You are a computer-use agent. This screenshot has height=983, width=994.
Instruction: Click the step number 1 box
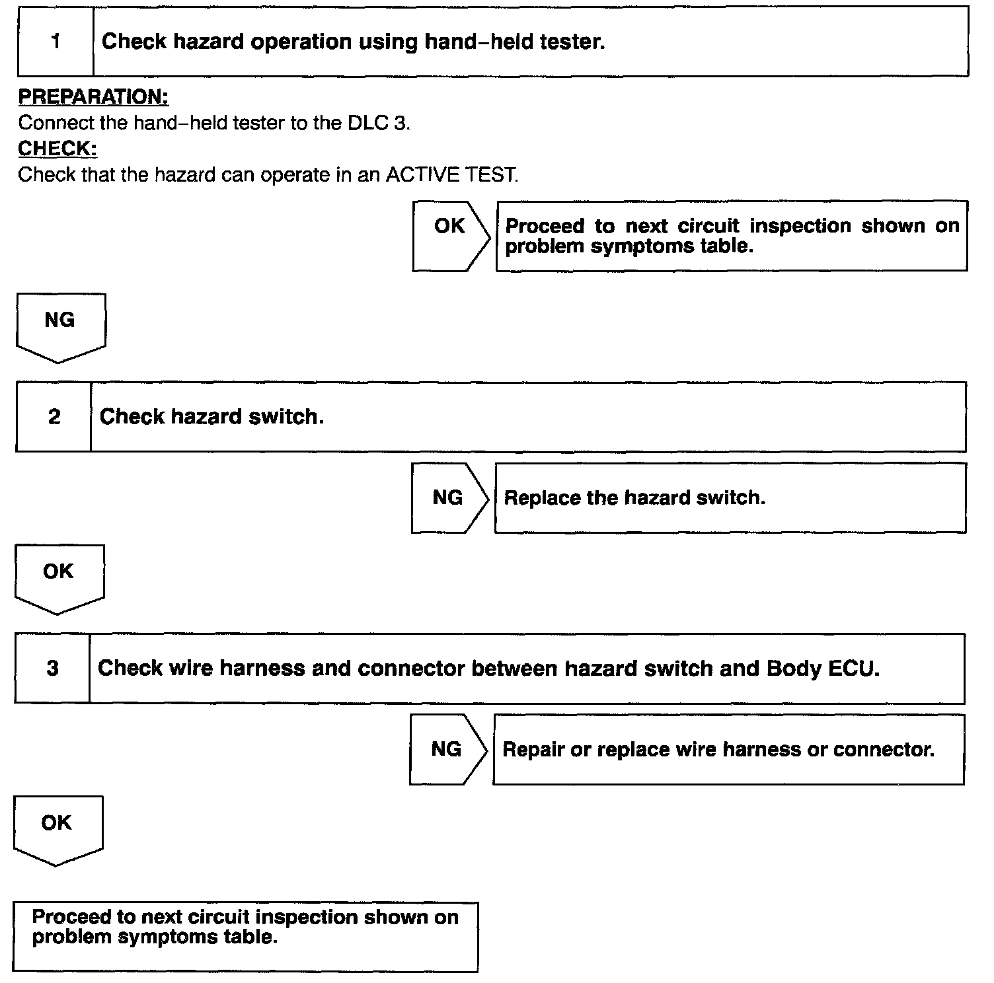56,42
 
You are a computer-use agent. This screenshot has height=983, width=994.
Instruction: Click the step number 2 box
54,417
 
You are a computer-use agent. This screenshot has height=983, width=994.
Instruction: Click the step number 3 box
53,668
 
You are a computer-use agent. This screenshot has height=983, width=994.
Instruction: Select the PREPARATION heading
93,97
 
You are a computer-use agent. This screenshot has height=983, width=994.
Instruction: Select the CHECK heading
57,149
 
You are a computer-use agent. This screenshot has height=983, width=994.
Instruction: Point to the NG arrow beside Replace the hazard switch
449,497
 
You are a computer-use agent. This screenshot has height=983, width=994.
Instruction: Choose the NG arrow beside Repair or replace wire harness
447,749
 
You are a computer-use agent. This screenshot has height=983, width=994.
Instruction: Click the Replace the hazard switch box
730,497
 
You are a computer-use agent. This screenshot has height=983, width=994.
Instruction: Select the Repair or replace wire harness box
728,749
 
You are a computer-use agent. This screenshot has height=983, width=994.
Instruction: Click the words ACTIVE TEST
451,175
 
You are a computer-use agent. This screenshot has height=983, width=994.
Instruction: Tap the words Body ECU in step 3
822,668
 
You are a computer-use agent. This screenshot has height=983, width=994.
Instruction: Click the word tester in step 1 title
572,42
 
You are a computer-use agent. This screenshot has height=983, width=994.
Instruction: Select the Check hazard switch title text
211,417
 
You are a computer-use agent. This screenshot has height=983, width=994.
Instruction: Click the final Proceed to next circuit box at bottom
245,936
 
